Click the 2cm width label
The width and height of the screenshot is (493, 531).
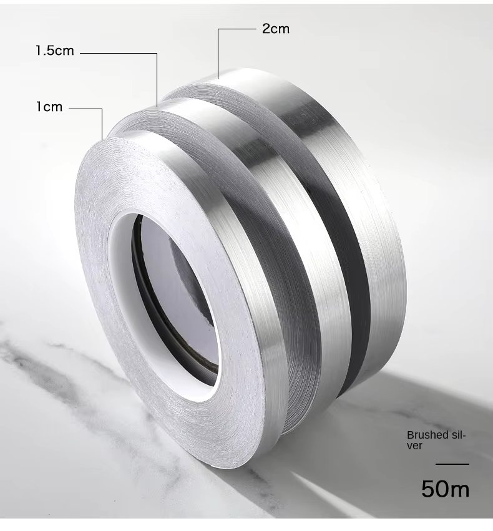(275, 29)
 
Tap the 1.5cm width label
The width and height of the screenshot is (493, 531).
(55, 51)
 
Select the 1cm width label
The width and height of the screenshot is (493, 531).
(49, 107)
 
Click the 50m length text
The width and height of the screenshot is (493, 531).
(445, 489)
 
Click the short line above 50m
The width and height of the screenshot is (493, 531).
(452, 464)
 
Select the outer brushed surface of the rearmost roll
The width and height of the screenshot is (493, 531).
(374, 187)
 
